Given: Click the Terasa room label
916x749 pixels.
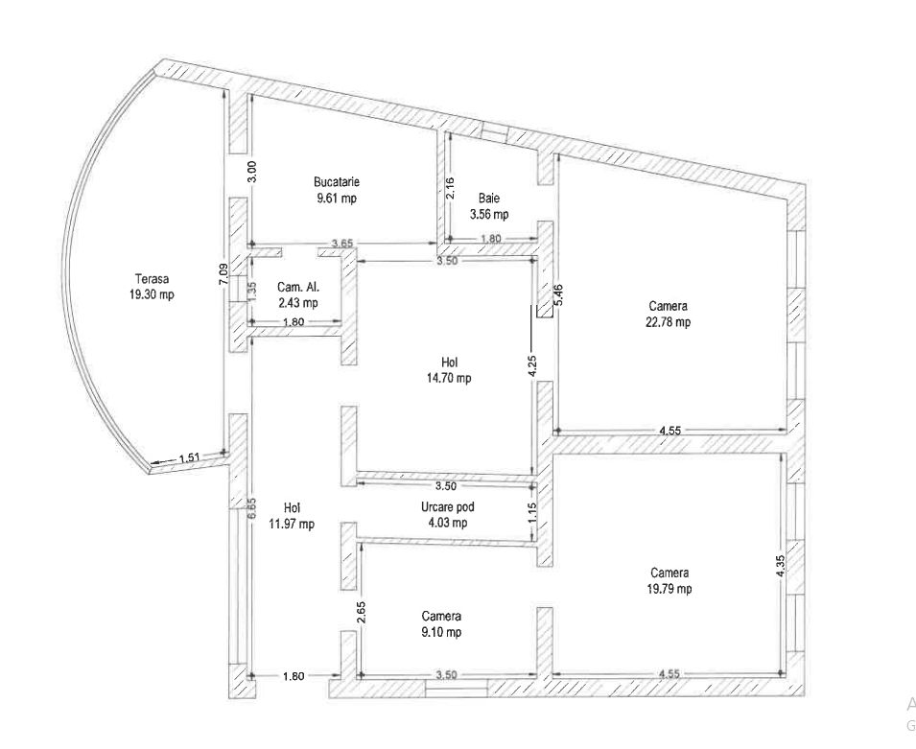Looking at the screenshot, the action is tap(152, 279).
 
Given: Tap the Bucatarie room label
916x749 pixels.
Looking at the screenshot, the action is tap(337, 181).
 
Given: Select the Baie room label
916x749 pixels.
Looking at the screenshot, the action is tap(489, 199).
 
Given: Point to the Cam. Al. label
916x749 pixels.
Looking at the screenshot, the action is tap(298, 287).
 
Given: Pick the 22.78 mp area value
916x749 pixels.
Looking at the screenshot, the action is tap(669, 322).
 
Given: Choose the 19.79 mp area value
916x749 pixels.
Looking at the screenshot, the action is tap(669, 589).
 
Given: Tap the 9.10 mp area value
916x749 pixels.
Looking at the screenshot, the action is tap(441, 632).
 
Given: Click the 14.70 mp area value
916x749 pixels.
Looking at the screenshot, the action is tap(449, 379).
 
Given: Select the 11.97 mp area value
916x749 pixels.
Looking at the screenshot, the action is tap(292, 524).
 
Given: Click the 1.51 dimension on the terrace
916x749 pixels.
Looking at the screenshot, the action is tap(190, 457).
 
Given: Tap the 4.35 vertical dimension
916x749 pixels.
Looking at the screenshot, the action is tap(781, 566).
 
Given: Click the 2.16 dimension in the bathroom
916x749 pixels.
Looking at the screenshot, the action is tap(451, 188).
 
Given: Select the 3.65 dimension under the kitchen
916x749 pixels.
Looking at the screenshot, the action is tap(342, 244).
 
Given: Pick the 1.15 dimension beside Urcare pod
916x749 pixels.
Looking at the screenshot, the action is tap(532, 512).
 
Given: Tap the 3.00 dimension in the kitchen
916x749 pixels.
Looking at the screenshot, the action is tap(252, 172).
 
